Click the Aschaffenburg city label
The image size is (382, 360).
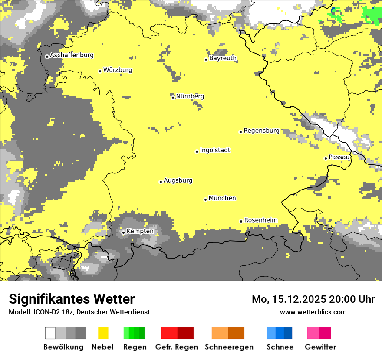coord(72,55)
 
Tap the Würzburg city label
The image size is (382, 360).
coord(118,70)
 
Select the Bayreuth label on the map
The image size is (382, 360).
coord(223,58)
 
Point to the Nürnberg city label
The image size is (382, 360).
coord(190,96)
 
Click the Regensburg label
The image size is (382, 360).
coord(261,131)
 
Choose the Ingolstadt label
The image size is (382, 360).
coord(215,150)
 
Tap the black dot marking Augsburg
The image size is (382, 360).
coord(161,182)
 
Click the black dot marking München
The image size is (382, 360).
coord(205,200)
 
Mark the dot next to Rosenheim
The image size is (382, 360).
coord(241,221)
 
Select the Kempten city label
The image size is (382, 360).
coord(140,231)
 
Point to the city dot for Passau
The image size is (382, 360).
coord(326,158)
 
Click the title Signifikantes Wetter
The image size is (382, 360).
coord(72,299)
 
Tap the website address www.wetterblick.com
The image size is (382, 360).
coord(313,312)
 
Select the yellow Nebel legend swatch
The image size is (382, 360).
coord(103,333)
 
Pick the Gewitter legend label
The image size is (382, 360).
coord(320,347)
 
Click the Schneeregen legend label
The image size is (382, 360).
coord(229,347)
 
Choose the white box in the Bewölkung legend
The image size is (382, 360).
coord(50,333)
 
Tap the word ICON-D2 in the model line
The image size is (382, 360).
coord(43,312)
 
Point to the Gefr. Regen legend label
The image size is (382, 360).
coord(177,347)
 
